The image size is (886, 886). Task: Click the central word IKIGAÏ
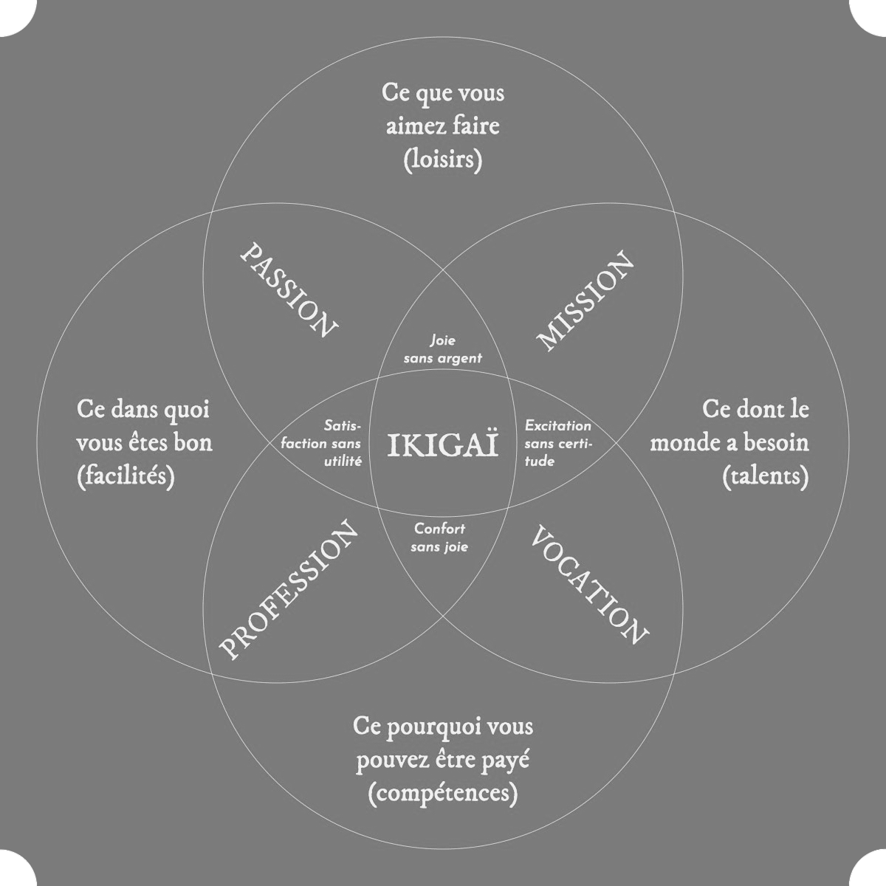click(x=443, y=444)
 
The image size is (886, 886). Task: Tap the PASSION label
click(x=289, y=290)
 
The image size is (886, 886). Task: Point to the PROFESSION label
click(x=289, y=591)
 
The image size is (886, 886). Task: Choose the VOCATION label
click(x=589, y=585)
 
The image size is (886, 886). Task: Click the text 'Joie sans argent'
click(x=443, y=349)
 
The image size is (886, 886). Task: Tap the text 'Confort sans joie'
click(x=440, y=538)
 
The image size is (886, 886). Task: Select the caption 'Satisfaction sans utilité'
click(x=337, y=444)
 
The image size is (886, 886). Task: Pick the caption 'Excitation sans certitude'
click(x=558, y=443)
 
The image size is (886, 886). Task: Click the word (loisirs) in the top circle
click(x=443, y=159)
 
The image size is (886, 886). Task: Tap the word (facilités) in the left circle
click(x=126, y=477)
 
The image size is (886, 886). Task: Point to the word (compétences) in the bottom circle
click(x=442, y=794)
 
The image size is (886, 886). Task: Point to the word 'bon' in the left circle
click(x=196, y=443)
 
